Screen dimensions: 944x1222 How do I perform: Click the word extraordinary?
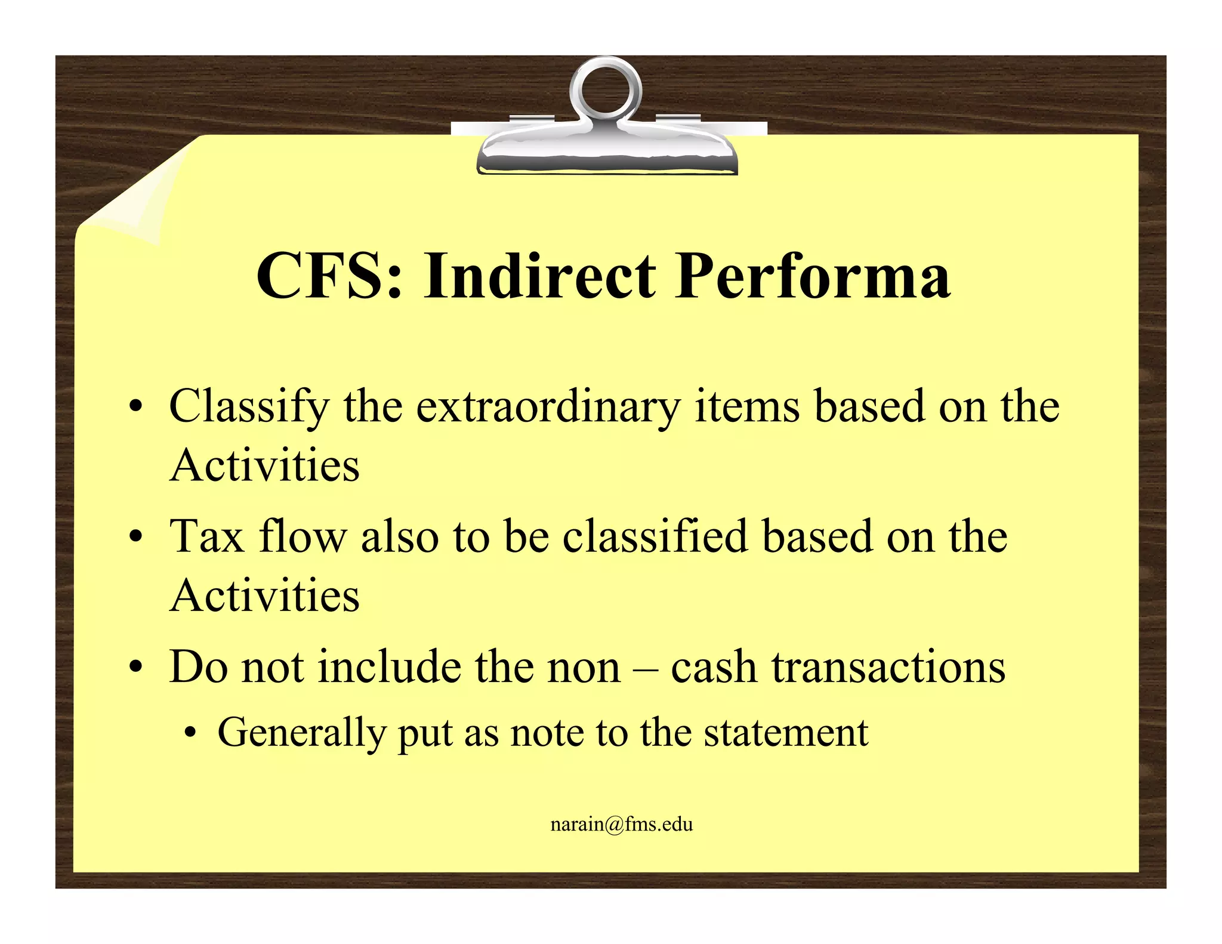click(x=548, y=408)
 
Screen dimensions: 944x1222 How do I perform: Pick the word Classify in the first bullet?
click(x=249, y=408)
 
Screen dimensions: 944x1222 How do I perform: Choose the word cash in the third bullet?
click(x=714, y=667)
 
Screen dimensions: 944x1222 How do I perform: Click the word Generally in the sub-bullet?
click(x=301, y=733)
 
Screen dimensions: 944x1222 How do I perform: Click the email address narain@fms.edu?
click(x=621, y=825)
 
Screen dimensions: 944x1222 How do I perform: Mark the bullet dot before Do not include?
click(x=137, y=668)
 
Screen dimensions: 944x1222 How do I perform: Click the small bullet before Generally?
click(x=190, y=734)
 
